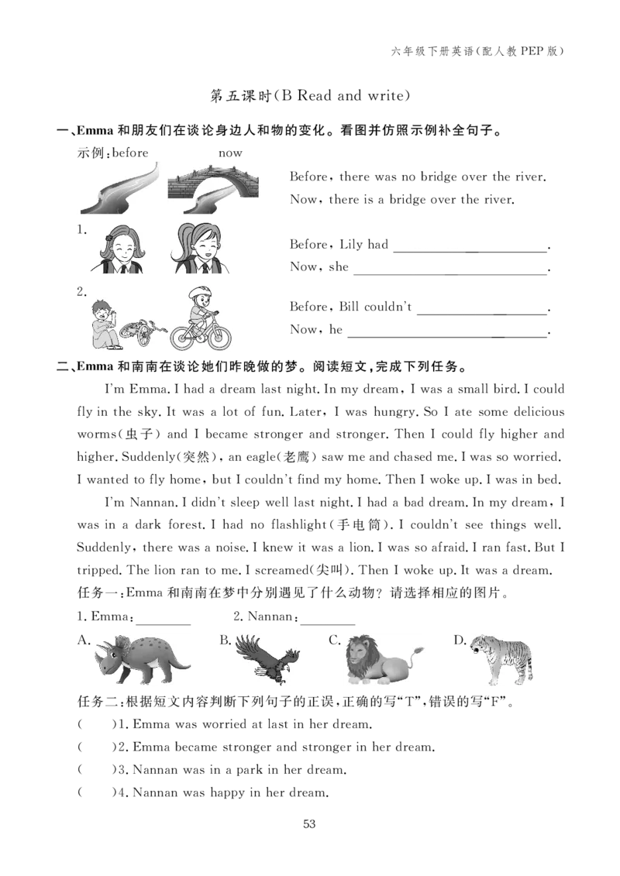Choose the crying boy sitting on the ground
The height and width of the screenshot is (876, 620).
click(x=105, y=325)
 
